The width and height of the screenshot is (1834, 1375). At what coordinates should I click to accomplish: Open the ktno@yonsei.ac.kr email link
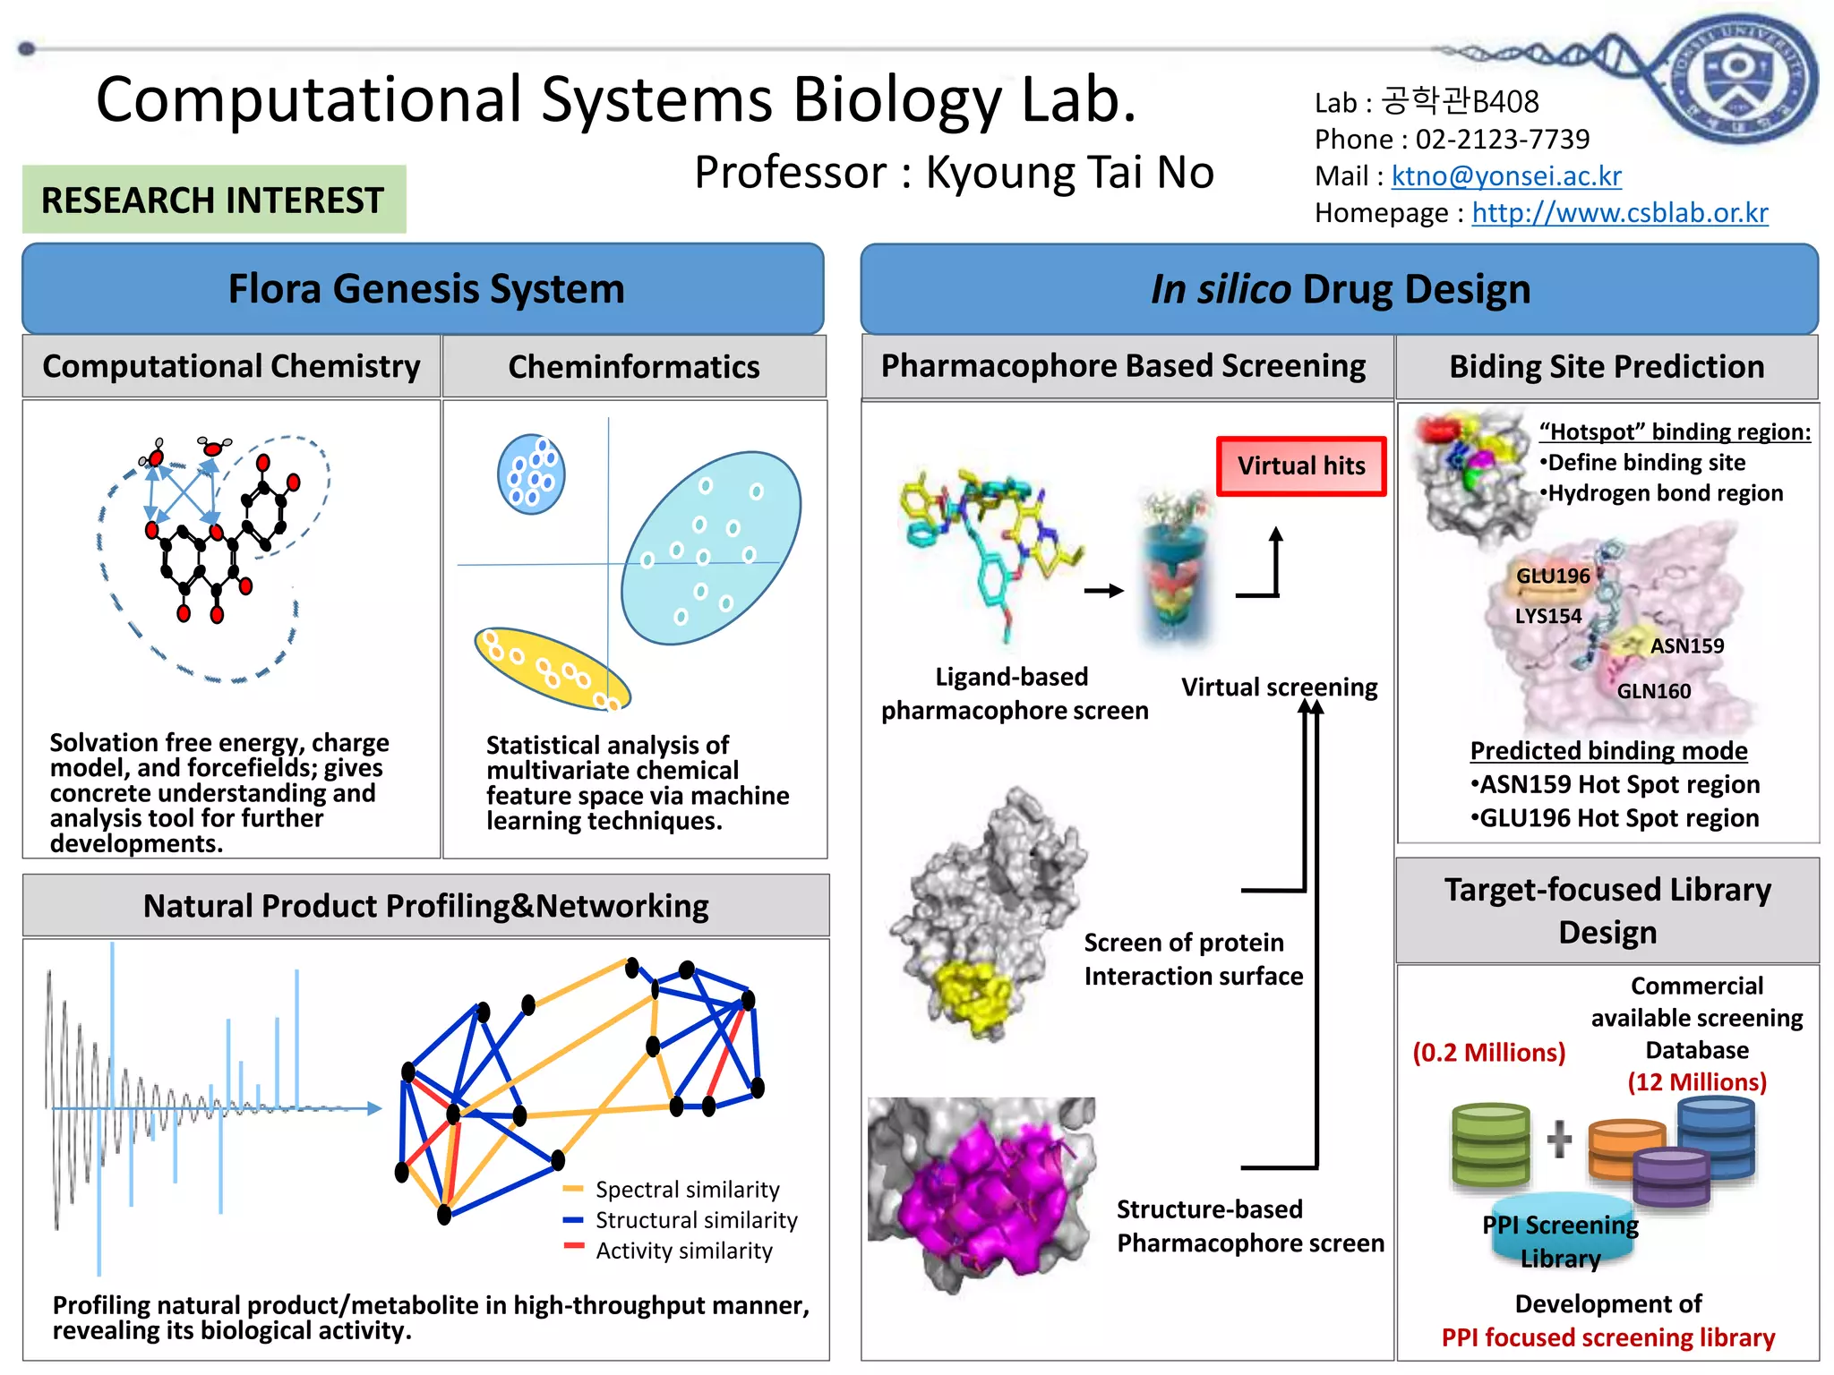pyautogui.click(x=1505, y=176)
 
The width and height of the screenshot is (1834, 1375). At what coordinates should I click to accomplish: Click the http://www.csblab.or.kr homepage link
pyautogui.click(x=1619, y=213)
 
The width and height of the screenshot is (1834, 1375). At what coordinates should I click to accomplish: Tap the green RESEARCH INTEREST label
pyautogui.click(x=213, y=200)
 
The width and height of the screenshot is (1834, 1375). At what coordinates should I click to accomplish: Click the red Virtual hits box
pyautogui.click(x=1300, y=465)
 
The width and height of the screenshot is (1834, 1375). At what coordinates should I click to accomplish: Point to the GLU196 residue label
pyautogui.click(x=1552, y=576)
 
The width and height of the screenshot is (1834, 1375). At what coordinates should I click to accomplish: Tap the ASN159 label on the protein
pyautogui.click(x=1686, y=645)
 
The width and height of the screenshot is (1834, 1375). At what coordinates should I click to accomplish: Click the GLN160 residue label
pyautogui.click(x=1653, y=691)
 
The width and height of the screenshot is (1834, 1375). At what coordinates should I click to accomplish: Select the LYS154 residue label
pyautogui.click(x=1547, y=616)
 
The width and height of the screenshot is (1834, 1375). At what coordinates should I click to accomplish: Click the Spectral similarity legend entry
pyautogui.click(x=686, y=1190)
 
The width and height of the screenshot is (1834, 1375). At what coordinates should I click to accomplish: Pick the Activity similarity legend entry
pyautogui.click(x=683, y=1251)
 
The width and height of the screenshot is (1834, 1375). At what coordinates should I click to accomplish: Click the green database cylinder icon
pyautogui.click(x=1491, y=1145)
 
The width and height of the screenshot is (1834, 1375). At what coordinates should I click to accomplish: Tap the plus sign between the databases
pyautogui.click(x=1559, y=1139)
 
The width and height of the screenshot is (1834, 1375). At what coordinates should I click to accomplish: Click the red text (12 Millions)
pyautogui.click(x=1696, y=1082)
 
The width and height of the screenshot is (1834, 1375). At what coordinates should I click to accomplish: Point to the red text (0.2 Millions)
pyautogui.click(x=1488, y=1052)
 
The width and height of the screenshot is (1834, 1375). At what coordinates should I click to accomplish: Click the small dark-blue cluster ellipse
pyautogui.click(x=531, y=473)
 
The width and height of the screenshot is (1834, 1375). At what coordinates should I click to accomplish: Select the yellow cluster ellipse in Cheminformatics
pyautogui.click(x=551, y=669)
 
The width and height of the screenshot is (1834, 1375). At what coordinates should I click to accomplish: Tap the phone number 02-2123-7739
pyautogui.click(x=1502, y=140)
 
